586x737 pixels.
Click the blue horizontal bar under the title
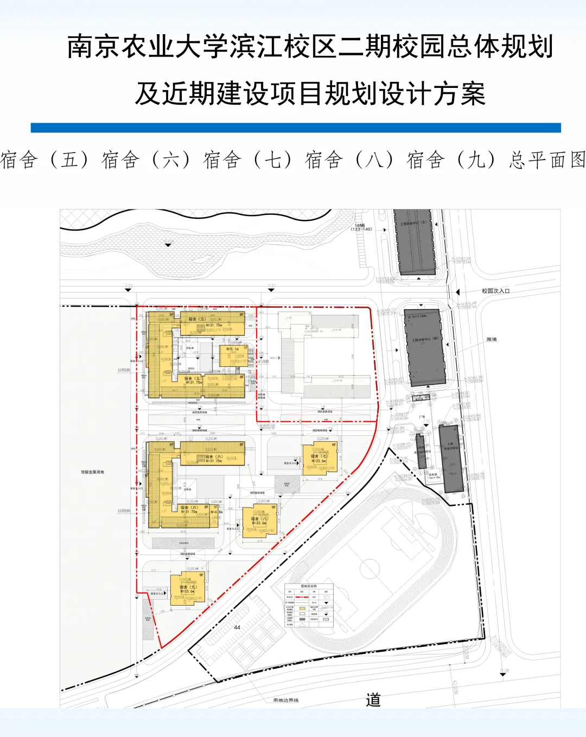coord(296,128)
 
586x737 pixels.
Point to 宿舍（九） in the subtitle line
coord(451,160)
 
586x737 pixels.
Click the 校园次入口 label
coord(495,291)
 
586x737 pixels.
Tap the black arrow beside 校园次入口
coord(458,292)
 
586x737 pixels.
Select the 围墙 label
coord(491,339)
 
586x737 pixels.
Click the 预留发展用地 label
coord(92,472)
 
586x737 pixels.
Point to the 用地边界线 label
coord(285,701)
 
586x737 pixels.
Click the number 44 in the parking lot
coord(237,627)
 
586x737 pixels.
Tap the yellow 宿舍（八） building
coord(260,521)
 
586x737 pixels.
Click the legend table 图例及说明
coord(309,606)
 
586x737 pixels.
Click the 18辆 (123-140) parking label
coord(361,227)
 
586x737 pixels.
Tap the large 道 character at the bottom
coord(373,700)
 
